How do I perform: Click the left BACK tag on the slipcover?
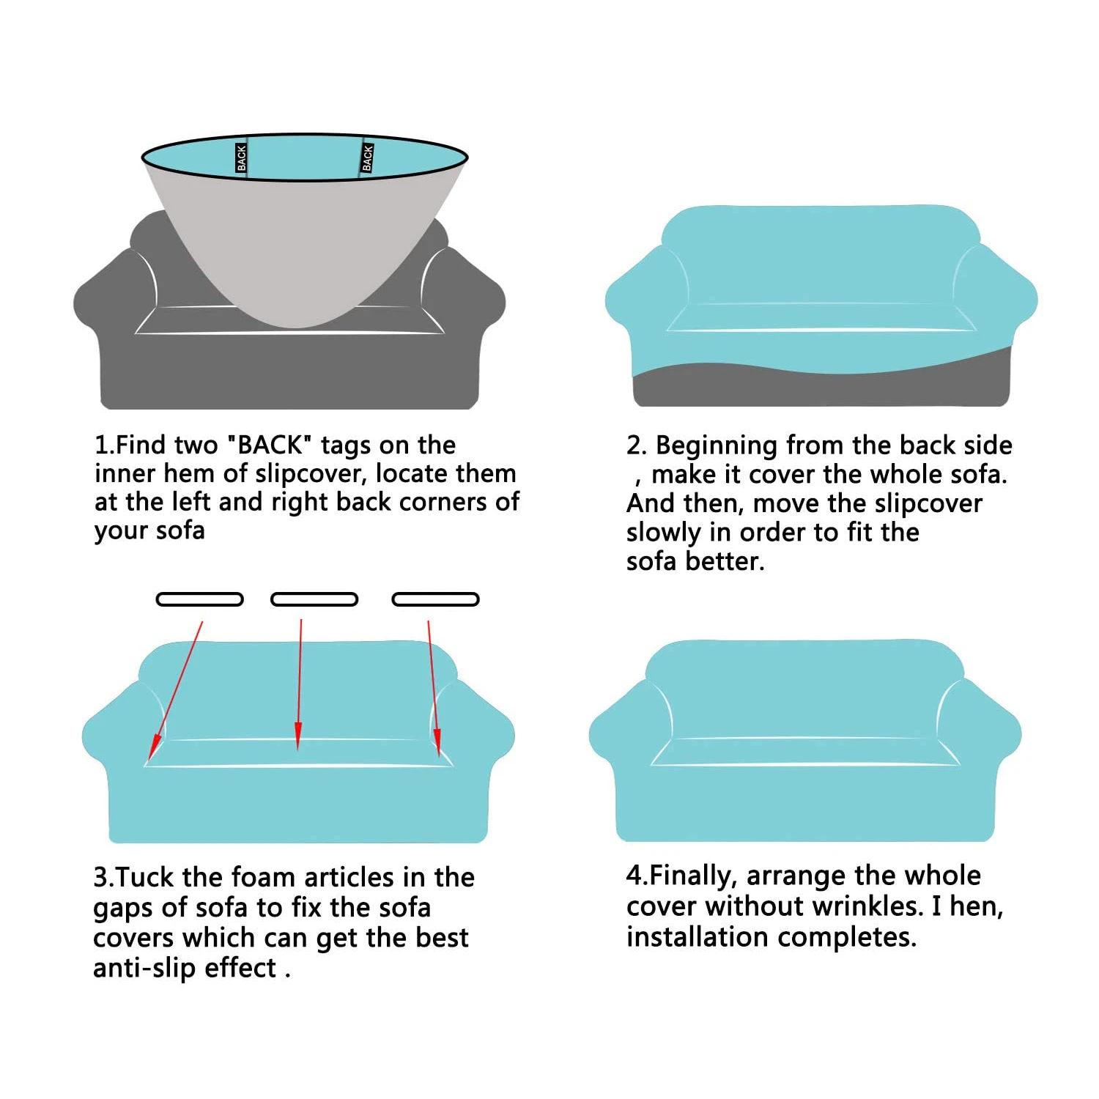[x=242, y=158]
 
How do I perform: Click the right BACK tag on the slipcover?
[x=367, y=158]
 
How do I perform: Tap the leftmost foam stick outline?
[x=199, y=599]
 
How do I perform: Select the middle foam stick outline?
[x=314, y=599]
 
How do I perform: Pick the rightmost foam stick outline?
[x=436, y=599]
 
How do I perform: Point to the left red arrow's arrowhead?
[x=154, y=747]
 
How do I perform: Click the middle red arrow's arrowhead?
[x=297, y=736]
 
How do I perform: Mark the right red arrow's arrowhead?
[x=437, y=741]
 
